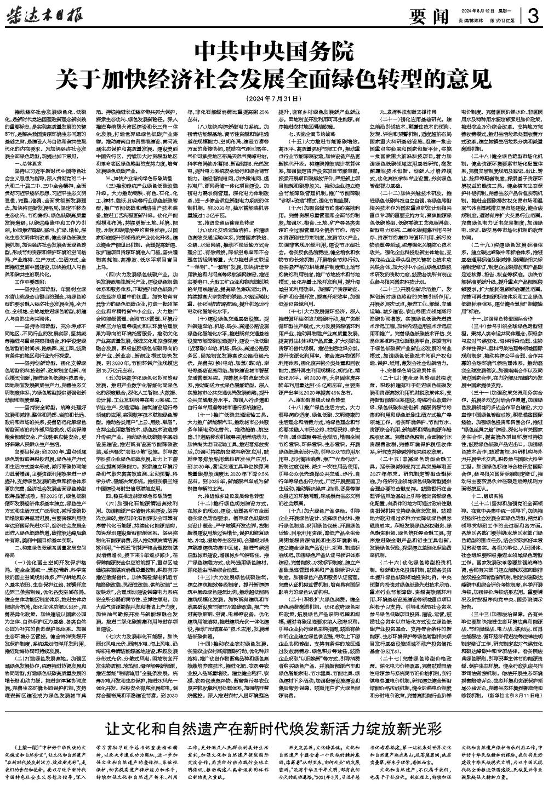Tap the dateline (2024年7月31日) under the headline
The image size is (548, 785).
[274, 98]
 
